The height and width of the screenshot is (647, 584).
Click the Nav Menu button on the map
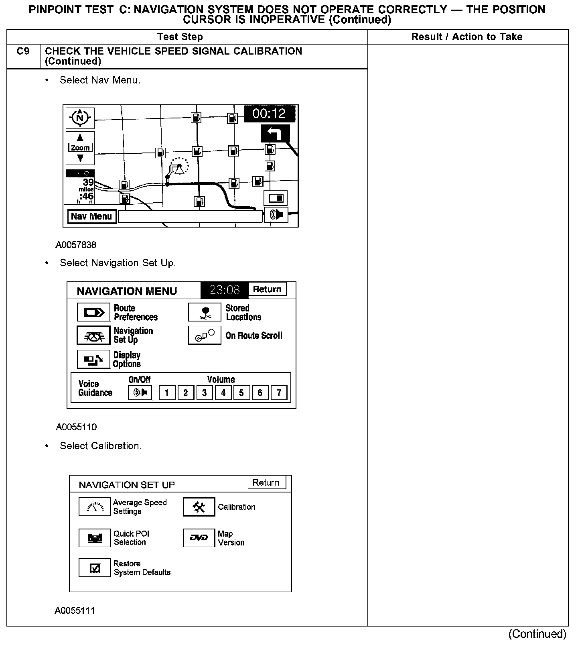pos(91,216)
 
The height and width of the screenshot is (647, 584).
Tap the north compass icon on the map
pos(80,118)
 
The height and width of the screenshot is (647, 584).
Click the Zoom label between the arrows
pos(80,148)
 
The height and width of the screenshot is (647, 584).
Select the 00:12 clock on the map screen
pos(269,114)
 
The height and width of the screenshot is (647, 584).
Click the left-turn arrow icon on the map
pos(275,134)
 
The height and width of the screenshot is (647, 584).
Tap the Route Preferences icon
pos(93,312)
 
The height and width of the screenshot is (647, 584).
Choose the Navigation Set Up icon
pos(93,336)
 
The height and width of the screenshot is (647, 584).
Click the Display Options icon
pos(93,359)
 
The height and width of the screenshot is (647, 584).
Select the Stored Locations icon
pos(205,312)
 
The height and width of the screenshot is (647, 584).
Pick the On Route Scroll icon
pos(205,336)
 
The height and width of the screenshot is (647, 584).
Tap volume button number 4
pos(223,393)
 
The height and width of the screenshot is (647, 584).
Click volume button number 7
pos(279,393)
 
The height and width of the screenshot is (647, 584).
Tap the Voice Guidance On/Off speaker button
pos(140,393)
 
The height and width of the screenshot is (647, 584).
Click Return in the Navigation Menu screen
pos(267,289)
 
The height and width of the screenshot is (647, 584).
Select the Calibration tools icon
pos(199,507)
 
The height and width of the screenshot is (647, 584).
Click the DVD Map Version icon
pos(199,538)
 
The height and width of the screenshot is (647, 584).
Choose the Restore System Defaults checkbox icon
pos(95,568)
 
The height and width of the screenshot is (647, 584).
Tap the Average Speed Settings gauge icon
pos(95,507)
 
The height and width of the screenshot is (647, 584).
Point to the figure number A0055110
pos(76,427)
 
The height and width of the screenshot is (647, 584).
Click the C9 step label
pos(23,51)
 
